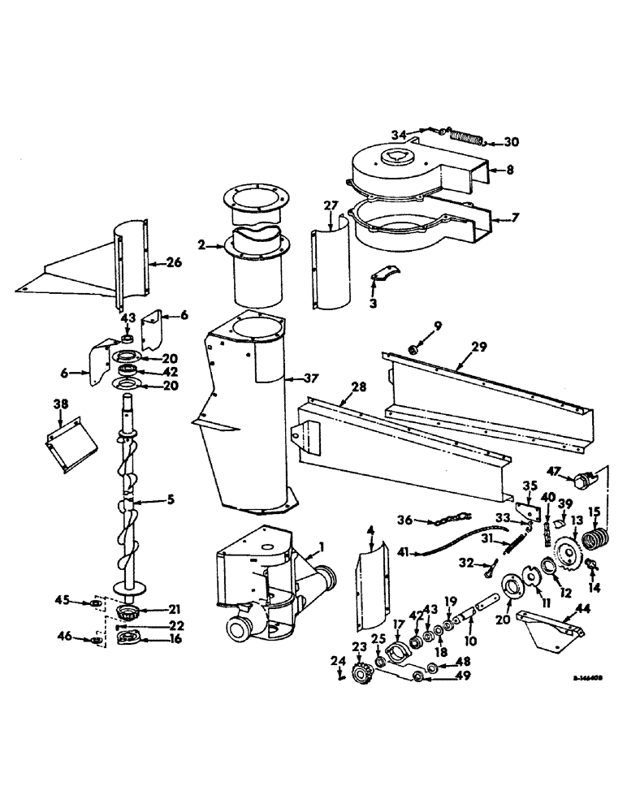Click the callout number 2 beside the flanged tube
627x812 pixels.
[201, 244]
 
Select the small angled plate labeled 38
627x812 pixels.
[63, 442]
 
